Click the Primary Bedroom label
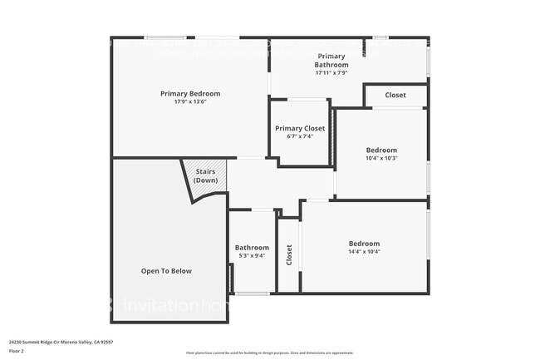(x=190, y=93)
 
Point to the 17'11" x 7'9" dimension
(x=331, y=72)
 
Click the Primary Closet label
(x=300, y=128)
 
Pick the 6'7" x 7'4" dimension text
(x=300, y=136)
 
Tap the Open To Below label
(x=166, y=270)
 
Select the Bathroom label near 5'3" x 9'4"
(x=252, y=247)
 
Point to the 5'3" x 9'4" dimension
(x=252, y=255)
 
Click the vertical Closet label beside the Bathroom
(x=289, y=254)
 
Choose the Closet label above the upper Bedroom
(x=395, y=95)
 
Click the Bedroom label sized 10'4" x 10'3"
(x=381, y=150)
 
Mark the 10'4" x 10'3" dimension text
(x=381, y=158)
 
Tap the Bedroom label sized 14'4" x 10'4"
(x=364, y=244)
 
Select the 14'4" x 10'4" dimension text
(x=364, y=252)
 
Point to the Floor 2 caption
(x=17, y=350)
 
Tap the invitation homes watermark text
(x=170, y=306)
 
